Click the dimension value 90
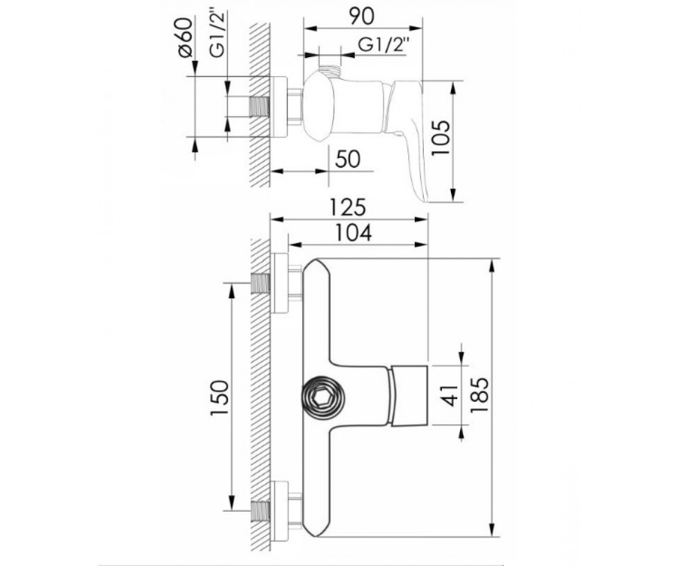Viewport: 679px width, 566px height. tap(362, 16)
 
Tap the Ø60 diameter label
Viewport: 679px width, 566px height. tap(186, 38)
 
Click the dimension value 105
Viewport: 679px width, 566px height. tap(441, 138)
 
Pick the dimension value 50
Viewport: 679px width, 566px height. tap(347, 160)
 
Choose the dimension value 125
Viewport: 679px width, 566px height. tap(347, 207)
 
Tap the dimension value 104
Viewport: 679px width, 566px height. tap(353, 233)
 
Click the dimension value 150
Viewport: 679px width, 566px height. tap(220, 397)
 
